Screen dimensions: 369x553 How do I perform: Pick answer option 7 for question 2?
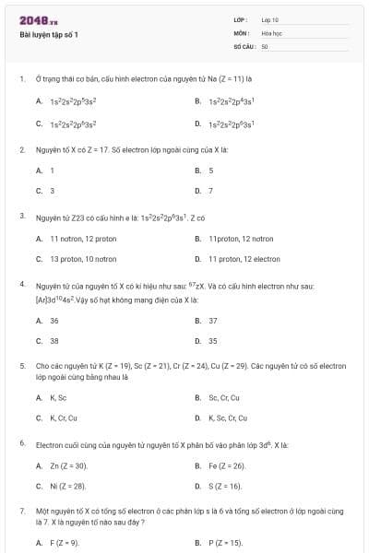pyautogui.click(x=211, y=191)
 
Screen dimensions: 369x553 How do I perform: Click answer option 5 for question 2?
pyautogui.click(x=211, y=171)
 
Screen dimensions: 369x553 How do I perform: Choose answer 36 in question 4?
pyautogui.click(x=54, y=321)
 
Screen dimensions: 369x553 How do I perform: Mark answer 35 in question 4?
pyautogui.click(x=213, y=341)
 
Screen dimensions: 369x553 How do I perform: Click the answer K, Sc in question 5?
pyautogui.click(x=58, y=398)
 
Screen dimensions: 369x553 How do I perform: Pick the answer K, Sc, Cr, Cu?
pyautogui.click(x=230, y=418)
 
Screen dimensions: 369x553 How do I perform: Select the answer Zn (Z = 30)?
pyautogui.click(x=67, y=466)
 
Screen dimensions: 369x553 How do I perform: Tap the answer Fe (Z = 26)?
pyautogui.click(x=227, y=466)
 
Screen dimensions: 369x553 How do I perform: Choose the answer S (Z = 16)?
pyautogui.click(x=225, y=486)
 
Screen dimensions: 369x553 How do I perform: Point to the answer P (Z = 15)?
pyautogui.click(x=226, y=544)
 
